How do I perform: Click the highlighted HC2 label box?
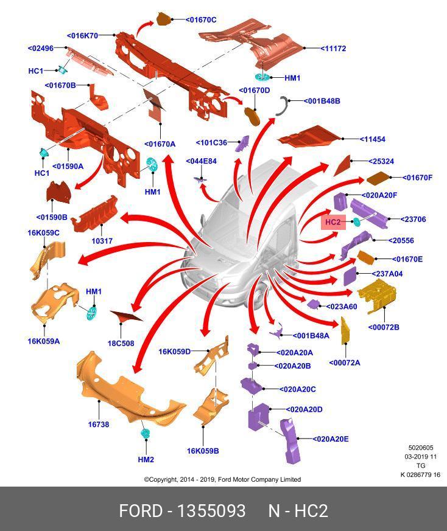point(333,222)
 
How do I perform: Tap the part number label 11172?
point(334,49)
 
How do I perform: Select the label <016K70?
point(83,36)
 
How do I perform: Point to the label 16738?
point(99,425)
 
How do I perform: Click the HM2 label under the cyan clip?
point(146,460)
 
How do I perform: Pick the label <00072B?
point(384,328)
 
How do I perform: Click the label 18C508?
point(121,344)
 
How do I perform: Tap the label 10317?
point(102,241)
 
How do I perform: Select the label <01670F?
point(417,178)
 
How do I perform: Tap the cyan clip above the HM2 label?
point(146,434)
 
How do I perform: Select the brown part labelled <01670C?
point(164,19)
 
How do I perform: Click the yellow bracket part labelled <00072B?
point(378,296)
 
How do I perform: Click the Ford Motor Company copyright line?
point(222,479)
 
